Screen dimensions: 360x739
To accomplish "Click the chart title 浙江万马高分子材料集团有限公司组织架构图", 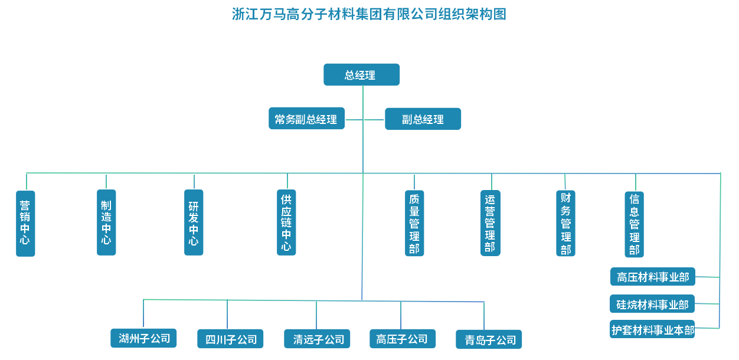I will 369,14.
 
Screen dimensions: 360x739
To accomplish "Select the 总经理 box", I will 361,75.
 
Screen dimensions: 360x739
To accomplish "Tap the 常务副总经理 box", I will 306,119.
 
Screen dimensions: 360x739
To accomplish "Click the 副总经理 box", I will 423,119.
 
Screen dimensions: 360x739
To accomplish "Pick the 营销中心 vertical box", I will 25,223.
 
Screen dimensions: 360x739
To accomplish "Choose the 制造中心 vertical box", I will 106,222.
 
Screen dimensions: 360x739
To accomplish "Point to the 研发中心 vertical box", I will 194,222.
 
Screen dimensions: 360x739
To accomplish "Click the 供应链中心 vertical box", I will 286,222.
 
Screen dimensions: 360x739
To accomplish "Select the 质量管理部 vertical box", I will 414,223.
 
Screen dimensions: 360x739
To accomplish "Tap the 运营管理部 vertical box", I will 490,223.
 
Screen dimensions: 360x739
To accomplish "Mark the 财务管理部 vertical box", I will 565,223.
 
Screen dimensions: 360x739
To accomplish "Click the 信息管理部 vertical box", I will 634,224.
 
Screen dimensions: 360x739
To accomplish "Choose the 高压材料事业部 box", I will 652,277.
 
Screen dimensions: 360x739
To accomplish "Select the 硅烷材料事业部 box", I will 652,304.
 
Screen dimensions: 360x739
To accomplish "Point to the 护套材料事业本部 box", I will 652,329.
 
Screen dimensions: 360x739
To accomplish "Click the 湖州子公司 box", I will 143,338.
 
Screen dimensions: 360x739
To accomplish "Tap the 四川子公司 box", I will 230,339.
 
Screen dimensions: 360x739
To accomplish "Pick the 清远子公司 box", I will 317,339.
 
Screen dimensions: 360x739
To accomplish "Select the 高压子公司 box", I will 402,339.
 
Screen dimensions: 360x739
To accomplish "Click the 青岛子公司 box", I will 489,339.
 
